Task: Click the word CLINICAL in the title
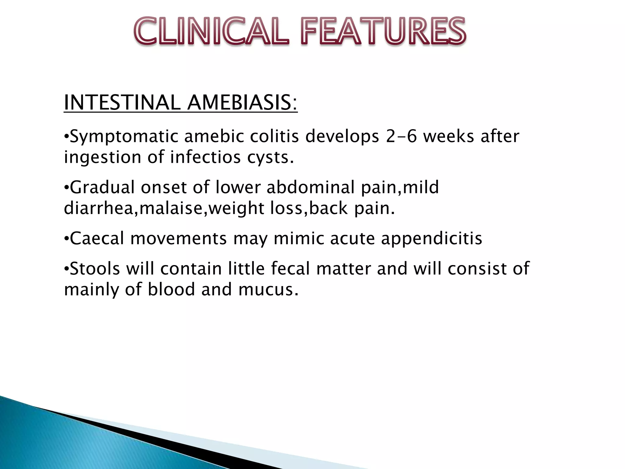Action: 211,31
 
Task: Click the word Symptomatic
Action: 124,136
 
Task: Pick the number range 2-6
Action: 401,136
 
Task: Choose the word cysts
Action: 270,158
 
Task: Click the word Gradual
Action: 102,187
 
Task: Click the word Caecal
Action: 97,238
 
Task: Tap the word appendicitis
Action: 432,239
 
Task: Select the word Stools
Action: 95,269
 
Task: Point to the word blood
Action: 171,289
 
